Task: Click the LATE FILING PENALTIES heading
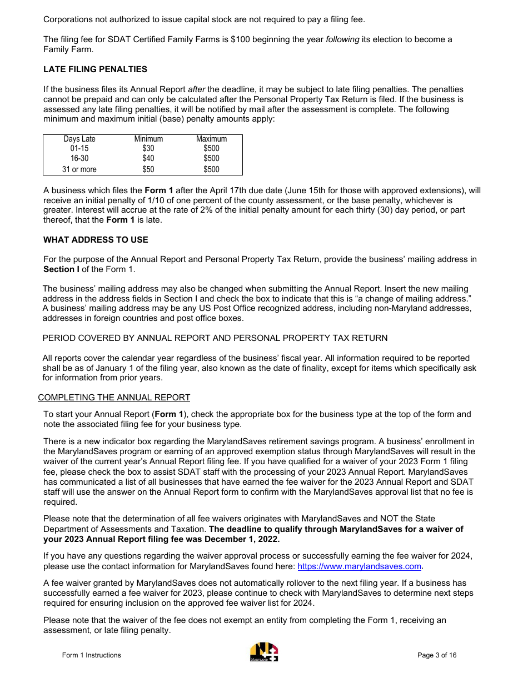coord(95,69)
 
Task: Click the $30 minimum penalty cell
coord(148,149)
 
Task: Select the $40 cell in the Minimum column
coord(148,159)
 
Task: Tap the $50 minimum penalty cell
coord(148,169)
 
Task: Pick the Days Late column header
coord(79,139)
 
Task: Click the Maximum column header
coord(211,139)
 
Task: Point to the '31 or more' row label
coord(79,169)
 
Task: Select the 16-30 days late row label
coord(79,159)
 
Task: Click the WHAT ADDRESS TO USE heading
coord(96,240)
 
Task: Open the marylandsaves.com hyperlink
coord(360,566)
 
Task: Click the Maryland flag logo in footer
coord(264,652)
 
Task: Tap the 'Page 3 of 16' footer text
coord(437,655)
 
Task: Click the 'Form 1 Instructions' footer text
coord(91,655)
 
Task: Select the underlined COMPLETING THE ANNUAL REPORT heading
coord(114,398)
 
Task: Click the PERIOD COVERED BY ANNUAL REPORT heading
coord(215,338)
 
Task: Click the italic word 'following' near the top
coord(342,39)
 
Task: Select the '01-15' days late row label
coord(79,149)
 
